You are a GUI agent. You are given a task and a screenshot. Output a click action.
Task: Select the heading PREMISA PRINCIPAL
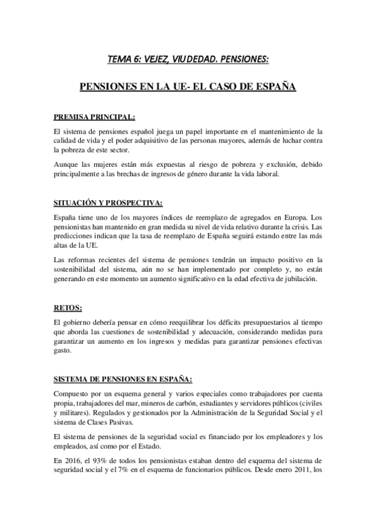pyautogui.click(x=94, y=117)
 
